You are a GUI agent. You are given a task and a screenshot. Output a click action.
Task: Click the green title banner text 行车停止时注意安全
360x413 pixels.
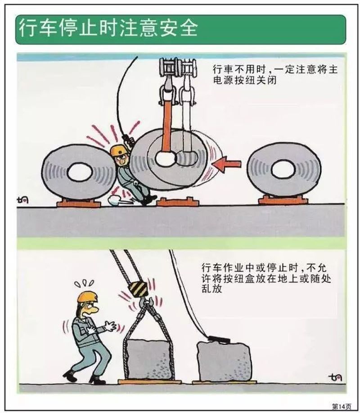point(108,28)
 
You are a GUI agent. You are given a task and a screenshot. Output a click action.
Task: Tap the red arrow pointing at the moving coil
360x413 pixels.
point(227,164)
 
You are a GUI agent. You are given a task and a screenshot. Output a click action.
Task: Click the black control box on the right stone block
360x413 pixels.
point(219,340)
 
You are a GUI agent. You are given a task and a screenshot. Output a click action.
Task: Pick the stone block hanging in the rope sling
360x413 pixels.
point(149,359)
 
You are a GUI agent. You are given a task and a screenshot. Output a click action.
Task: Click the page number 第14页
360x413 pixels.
point(341,406)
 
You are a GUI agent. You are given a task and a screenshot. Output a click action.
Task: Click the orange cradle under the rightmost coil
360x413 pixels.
point(283,200)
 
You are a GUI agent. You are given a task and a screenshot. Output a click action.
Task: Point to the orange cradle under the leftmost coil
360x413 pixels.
point(79,203)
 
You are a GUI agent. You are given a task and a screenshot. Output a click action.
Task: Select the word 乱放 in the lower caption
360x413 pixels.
point(212,289)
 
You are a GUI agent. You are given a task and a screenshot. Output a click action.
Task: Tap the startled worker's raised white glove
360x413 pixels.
point(110,326)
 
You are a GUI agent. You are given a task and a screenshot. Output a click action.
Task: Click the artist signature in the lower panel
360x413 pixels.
point(335,377)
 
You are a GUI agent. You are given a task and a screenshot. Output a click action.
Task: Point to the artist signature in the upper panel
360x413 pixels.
point(22,200)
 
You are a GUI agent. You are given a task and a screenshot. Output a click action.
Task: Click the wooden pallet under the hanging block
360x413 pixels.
point(149,381)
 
